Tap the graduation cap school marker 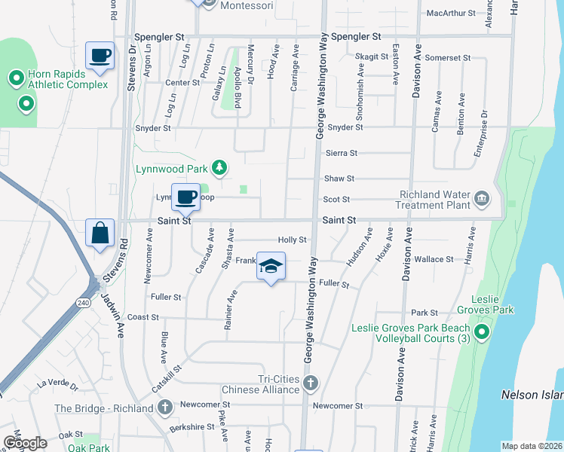coord(271,267)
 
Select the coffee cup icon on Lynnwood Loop coord(185,198)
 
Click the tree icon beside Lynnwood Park coord(219,166)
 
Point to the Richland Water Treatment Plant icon coord(482,200)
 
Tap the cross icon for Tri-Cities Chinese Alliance coord(310,384)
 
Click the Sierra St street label coord(342,153)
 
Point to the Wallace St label coord(434,259)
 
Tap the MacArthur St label coord(451,13)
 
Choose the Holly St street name coord(292,240)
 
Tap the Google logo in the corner coord(24,443)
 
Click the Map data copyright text coord(532,446)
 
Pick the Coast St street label coord(142,317)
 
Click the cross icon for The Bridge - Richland coord(166,409)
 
